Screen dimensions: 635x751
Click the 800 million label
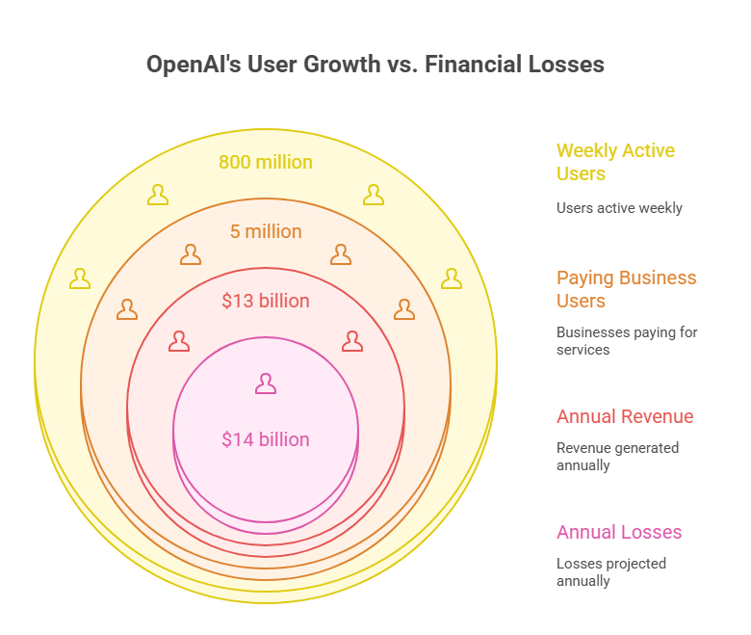click(x=265, y=162)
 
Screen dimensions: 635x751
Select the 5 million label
click(x=265, y=231)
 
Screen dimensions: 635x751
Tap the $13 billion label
click(x=265, y=301)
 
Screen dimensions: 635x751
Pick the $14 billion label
click(x=265, y=439)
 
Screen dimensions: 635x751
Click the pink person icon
click(x=266, y=384)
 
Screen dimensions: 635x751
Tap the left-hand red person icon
click(x=179, y=341)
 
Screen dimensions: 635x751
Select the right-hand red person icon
click(x=352, y=341)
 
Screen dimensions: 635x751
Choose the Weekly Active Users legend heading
click(x=615, y=162)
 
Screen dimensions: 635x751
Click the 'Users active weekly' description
click(x=619, y=207)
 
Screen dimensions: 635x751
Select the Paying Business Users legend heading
click(x=626, y=289)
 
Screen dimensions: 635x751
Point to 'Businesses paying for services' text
click(x=627, y=341)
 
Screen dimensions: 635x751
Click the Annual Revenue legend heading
click(x=625, y=416)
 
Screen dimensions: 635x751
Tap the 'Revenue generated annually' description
click(x=617, y=457)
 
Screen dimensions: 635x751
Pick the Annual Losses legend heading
click(x=619, y=532)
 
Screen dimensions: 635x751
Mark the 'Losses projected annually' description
click(x=611, y=572)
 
